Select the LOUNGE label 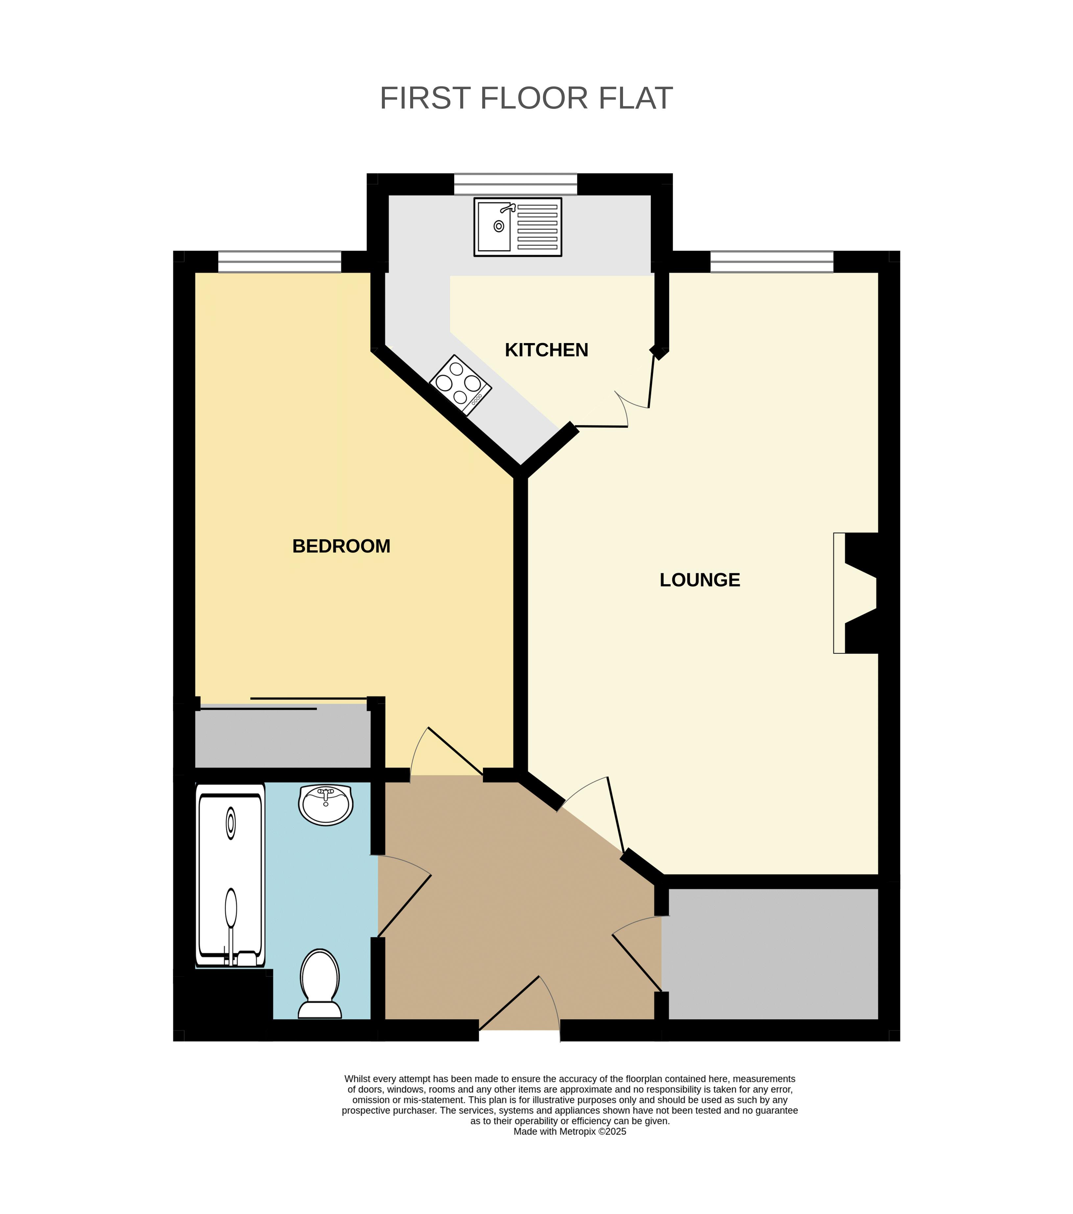pyautogui.click(x=700, y=580)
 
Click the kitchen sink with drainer pyautogui.click(x=517, y=227)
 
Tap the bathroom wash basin pyautogui.click(x=326, y=805)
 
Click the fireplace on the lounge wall pyautogui.click(x=856, y=593)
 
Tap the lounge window pyautogui.click(x=772, y=261)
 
